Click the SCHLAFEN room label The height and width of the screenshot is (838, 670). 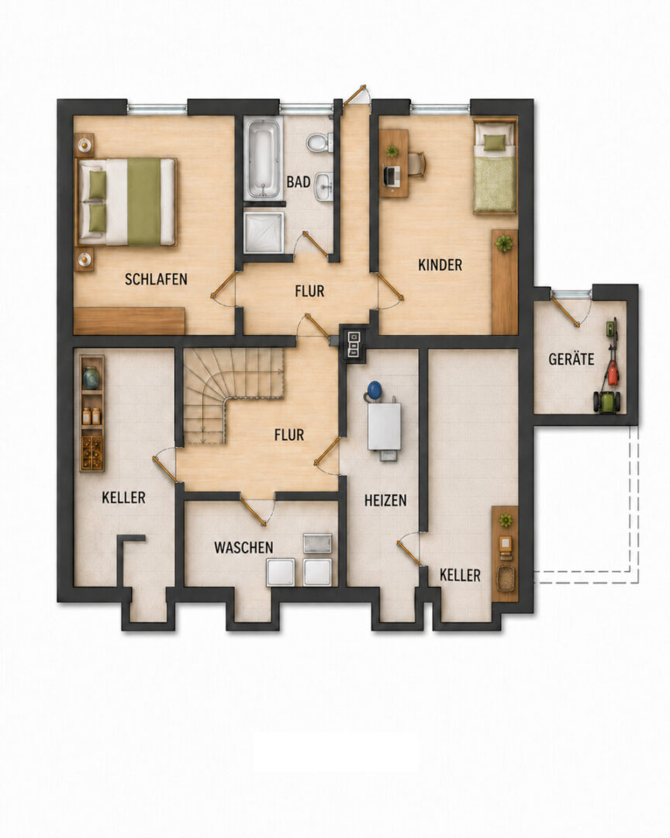pos(156,279)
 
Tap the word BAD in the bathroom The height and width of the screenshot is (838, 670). pos(298,182)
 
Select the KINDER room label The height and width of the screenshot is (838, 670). pos(440,265)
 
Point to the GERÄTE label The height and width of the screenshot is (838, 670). pos(572,358)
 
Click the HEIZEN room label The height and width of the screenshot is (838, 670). pos(385,500)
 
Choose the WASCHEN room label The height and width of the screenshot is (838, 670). pos(243,547)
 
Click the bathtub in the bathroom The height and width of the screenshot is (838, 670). pos(264,159)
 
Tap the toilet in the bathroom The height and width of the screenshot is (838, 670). pos(319,143)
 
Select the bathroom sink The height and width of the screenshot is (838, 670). pos(323,186)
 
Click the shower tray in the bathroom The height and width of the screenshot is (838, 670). pos(264,232)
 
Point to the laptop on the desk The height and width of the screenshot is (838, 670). pos(392,176)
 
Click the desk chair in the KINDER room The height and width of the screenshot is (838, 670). pos(417,164)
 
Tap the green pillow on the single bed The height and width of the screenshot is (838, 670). pos(494,142)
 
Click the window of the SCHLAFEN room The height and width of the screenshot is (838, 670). pos(157,109)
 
